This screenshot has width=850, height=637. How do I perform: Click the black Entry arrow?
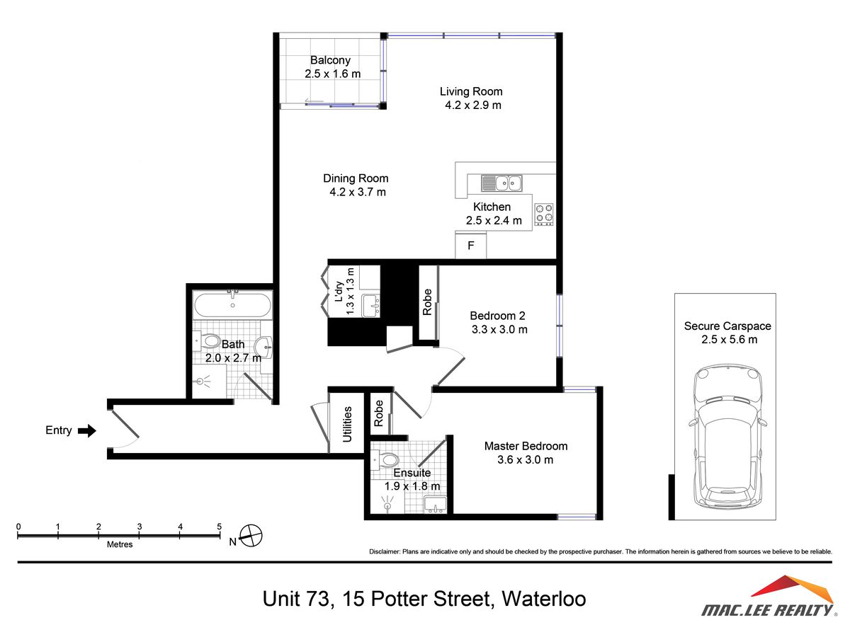[x=87, y=430]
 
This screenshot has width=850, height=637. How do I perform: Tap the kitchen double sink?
[x=501, y=184]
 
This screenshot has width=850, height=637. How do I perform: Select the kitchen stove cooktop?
[x=544, y=214]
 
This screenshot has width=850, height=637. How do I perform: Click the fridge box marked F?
[x=470, y=246]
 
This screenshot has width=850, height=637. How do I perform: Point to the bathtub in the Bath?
[x=232, y=306]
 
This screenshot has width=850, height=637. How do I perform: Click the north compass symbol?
[x=251, y=536]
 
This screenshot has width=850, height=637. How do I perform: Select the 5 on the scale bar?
[x=220, y=527]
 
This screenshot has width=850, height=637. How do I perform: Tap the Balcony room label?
[x=330, y=61]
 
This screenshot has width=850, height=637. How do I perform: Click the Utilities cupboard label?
[x=348, y=424]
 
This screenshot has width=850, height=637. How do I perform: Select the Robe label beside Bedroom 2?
[x=427, y=302]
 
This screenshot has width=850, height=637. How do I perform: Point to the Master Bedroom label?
[x=526, y=446]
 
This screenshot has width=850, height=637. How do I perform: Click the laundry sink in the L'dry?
[x=370, y=306]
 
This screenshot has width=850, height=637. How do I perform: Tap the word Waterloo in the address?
[x=543, y=599]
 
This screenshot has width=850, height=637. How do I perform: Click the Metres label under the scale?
[x=119, y=544]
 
